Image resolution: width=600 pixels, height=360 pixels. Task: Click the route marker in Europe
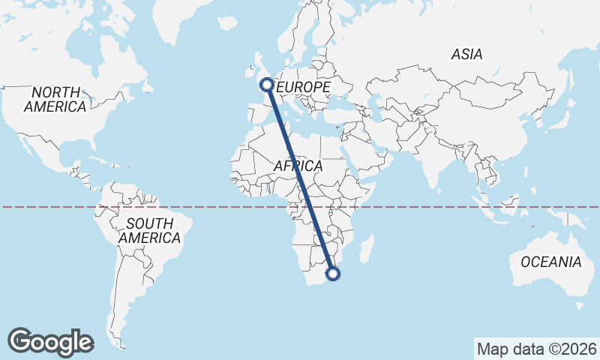266,85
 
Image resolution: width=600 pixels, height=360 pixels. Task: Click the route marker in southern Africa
334,274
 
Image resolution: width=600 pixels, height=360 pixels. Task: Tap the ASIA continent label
466,54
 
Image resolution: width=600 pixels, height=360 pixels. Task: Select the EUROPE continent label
304,88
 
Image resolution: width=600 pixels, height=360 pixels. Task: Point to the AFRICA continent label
298,166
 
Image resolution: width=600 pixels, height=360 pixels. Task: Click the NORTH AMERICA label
55,100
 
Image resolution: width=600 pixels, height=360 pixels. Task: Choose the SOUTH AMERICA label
149,231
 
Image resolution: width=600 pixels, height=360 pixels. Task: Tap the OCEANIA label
550,262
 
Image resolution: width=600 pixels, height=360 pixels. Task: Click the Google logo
51,341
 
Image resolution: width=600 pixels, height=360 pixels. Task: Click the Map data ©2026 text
536,349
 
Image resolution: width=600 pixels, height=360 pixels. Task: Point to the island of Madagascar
366,248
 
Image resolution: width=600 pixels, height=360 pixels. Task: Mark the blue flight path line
300,180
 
